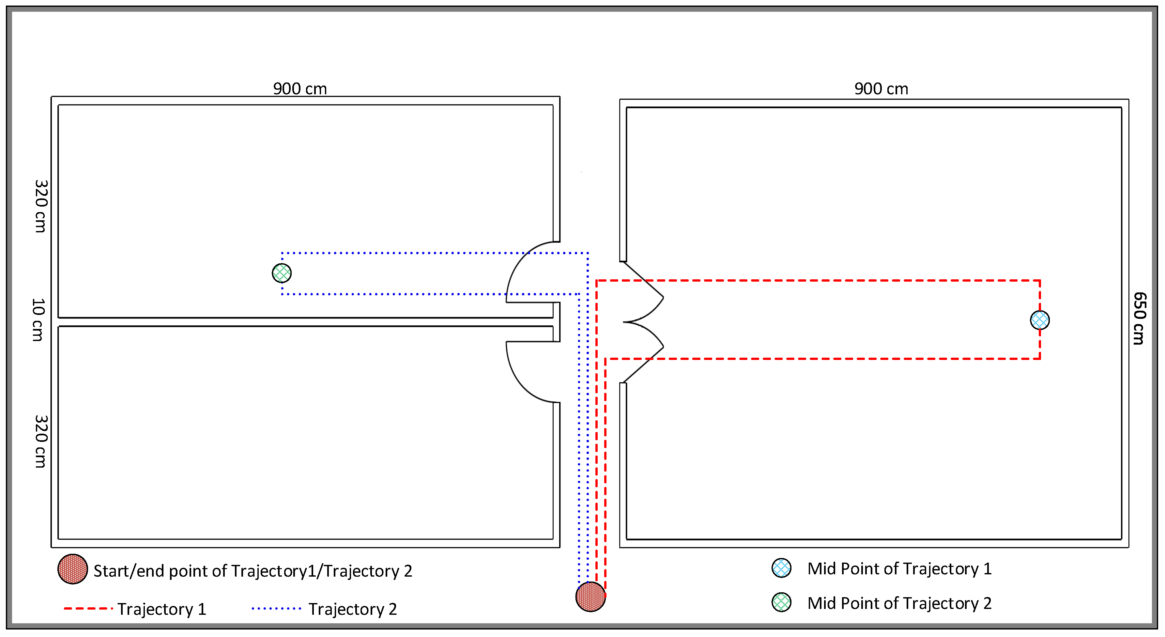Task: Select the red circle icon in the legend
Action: [72, 569]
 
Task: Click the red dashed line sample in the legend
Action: [88, 609]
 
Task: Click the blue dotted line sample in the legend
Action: [276, 609]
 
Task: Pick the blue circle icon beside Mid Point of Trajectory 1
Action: [781, 568]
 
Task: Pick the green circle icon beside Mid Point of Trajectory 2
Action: [781, 602]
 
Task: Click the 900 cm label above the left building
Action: [300, 89]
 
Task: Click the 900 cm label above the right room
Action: [881, 89]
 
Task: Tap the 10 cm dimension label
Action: [38, 319]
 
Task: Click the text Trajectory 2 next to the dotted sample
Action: [352, 609]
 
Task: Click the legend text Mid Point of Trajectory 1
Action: [899, 569]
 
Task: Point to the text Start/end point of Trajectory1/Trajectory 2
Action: [253, 571]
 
